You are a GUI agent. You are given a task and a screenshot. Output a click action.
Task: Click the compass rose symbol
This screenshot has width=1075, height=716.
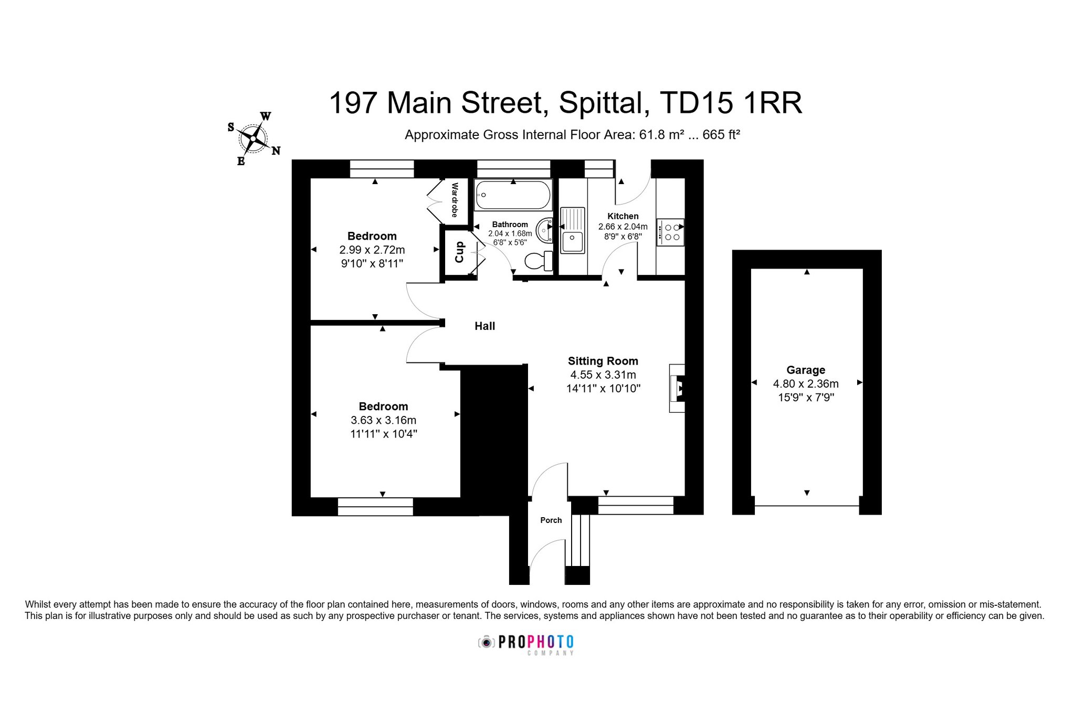coord(254,138)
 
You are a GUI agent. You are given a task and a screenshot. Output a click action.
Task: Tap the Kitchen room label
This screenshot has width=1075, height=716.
coord(623,216)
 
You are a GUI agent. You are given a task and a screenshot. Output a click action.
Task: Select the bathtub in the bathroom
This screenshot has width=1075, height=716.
coord(513,195)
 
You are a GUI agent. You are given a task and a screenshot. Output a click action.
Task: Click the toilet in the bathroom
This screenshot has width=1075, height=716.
coord(539,261)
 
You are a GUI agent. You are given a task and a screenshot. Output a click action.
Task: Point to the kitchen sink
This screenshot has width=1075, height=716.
coord(572,230)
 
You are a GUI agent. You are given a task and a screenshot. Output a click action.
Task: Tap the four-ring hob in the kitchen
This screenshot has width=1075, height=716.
coord(670,232)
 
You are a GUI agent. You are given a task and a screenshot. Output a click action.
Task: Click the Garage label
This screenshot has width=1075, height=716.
coord(806,370)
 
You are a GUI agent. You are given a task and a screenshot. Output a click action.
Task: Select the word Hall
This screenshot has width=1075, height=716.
coord(484,326)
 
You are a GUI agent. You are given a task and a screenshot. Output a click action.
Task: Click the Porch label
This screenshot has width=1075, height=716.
coord(551,520)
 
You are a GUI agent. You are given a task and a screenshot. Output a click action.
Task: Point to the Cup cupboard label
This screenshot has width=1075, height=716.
coord(459,252)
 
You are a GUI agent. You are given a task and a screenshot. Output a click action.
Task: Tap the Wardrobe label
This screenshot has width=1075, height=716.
coord(455,200)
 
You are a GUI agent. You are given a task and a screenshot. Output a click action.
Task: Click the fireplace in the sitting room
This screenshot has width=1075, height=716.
coord(677,388)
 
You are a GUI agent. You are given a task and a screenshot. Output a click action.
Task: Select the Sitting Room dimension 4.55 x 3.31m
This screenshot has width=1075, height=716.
coord(603,375)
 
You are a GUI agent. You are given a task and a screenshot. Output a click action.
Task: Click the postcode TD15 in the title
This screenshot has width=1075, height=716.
coord(696,103)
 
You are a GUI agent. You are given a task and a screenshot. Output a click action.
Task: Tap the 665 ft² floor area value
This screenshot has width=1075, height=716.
coord(721,134)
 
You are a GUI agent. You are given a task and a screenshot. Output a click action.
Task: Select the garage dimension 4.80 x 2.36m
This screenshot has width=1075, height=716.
coord(806,384)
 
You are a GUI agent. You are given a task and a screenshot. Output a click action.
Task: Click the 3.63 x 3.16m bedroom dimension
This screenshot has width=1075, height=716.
coord(383,420)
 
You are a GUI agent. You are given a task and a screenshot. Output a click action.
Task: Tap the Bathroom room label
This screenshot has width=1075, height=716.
coord(510,225)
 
